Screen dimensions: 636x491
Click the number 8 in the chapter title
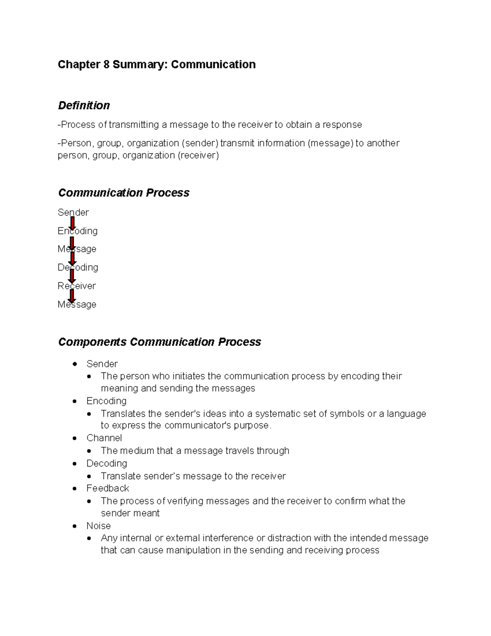[106, 65]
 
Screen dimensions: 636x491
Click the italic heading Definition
[84, 106]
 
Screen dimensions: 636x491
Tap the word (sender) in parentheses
[200, 143]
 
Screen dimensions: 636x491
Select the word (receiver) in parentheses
[198, 156]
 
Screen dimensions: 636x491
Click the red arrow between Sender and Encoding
[72, 223]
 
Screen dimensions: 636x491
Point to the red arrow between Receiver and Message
[72, 296]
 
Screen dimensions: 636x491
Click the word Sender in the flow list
[73, 213]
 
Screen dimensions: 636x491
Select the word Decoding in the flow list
[78, 267]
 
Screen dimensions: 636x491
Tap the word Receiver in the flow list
[77, 286]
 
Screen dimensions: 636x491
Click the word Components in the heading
[92, 342]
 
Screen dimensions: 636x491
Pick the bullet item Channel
[104, 438]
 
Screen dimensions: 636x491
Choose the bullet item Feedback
[108, 489]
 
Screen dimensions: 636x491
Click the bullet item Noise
[99, 526]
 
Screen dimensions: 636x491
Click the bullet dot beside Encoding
[74, 401]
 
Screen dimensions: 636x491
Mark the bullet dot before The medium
[89, 451]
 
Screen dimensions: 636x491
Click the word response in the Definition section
[342, 125]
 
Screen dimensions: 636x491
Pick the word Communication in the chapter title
[213, 65]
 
